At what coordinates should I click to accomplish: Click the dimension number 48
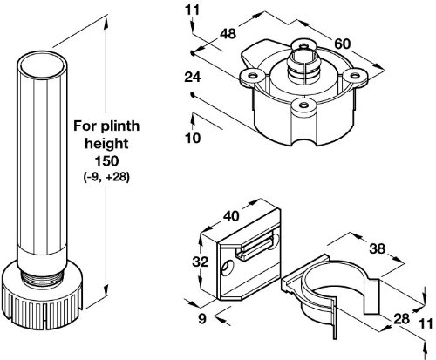pos(228,34)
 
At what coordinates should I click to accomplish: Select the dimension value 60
pos(343,44)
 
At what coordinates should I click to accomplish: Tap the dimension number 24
pos(193,78)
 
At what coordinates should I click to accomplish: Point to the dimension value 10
pos(193,138)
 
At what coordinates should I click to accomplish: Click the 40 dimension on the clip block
pos(231,216)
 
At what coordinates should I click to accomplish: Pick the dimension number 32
pos(201,262)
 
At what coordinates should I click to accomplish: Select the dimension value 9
pos(202,319)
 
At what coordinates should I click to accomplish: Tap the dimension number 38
pos(378,248)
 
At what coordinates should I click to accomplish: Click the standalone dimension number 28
pos(401,319)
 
